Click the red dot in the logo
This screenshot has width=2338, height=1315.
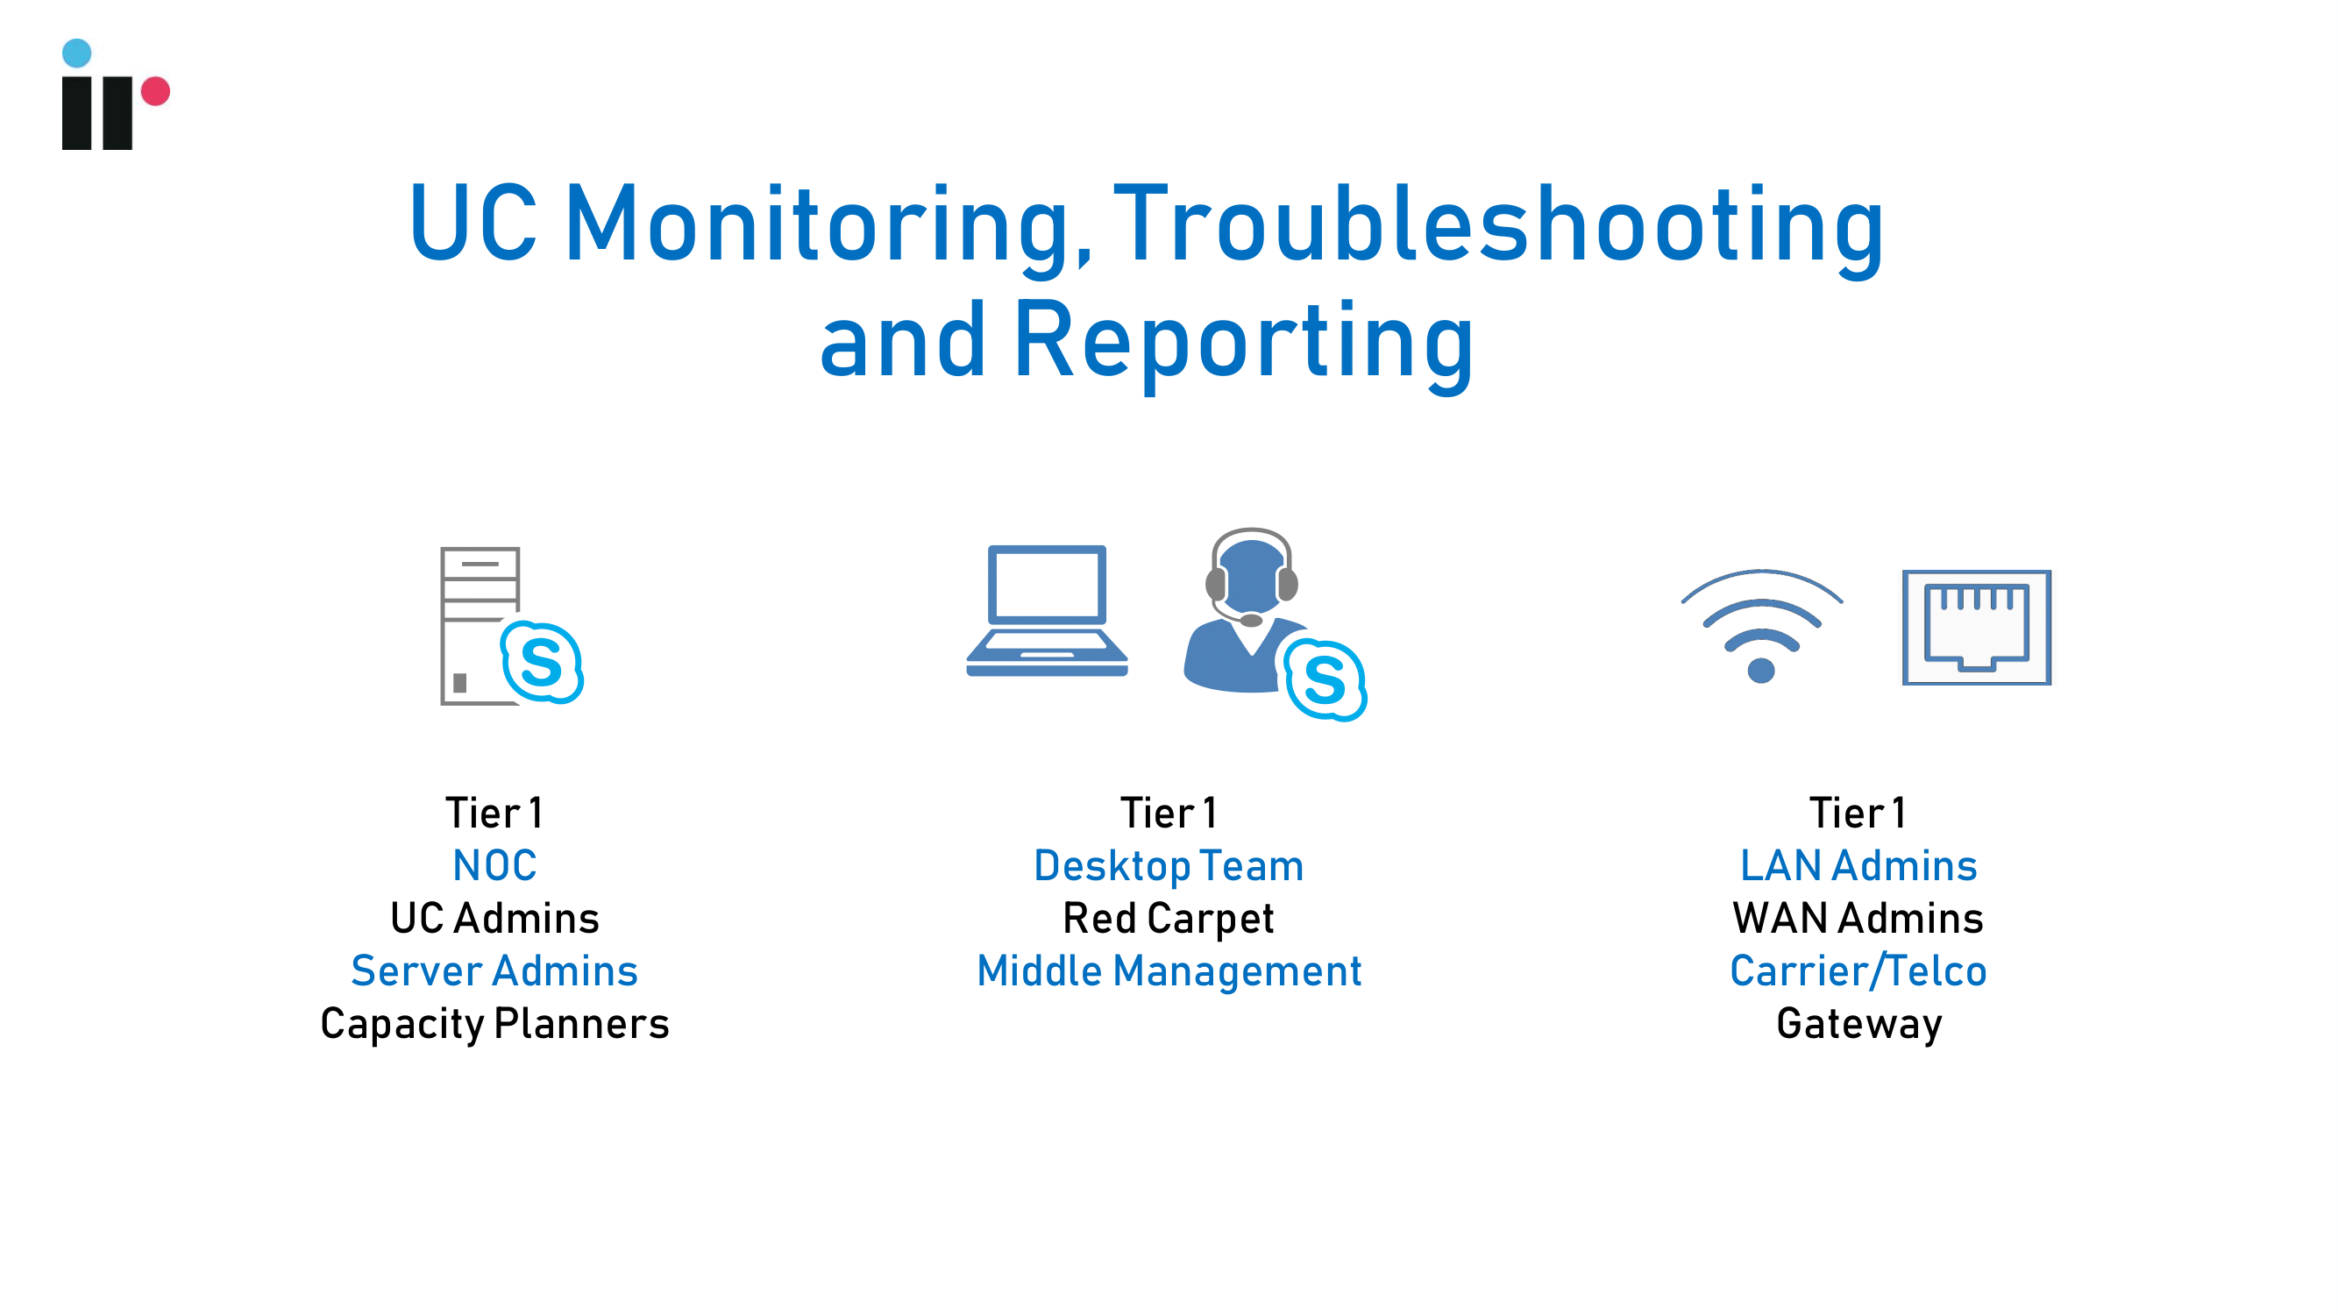tap(155, 91)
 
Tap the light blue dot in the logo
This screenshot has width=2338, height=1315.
tap(77, 53)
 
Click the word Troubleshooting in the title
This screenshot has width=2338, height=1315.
tap(1498, 227)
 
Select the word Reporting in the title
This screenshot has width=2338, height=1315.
tap(1243, 343)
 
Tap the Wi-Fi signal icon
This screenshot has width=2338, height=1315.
tap(1762, 626)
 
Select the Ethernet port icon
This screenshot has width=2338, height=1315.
tap(1977, 627)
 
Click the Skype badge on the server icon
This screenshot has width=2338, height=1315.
tap(542, 662)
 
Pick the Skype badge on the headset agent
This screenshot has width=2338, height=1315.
tap(1325, 679)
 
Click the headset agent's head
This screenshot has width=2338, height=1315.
tap(1252, 576)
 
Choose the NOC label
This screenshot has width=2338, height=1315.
tap(494, 865)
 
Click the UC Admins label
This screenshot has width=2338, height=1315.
tap(494, 918)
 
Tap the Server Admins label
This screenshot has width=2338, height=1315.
tap(494, 970)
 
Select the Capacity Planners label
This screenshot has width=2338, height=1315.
tap(494, 1024)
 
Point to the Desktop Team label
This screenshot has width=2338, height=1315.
tap(1169, 865)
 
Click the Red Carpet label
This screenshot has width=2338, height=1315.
tap(1169, 919)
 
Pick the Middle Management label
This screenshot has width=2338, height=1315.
tap(1169, 971)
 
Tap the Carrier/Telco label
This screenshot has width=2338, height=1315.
tap(1858, 970)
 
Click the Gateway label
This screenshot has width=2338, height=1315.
tap(1858, 1024)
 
